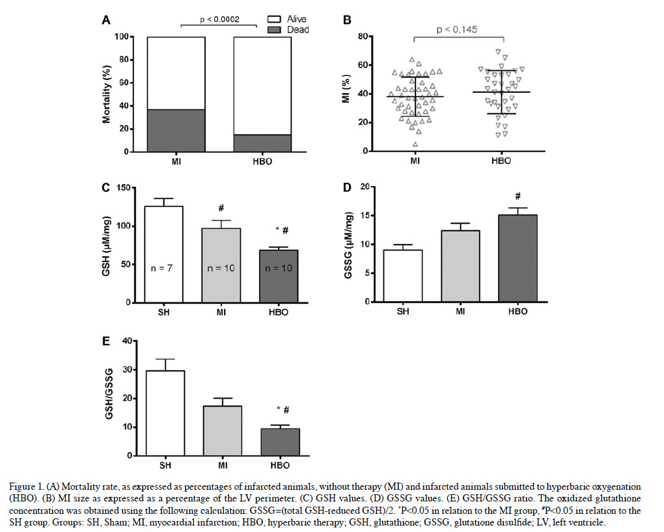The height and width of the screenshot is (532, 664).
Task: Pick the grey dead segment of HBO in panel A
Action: point(262,142)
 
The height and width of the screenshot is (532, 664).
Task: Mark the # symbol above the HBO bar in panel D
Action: point(518,196)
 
